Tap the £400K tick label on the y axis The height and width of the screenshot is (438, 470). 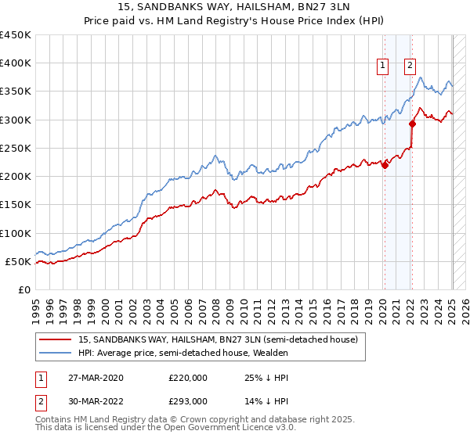pyautogui.click(x=16, y=63)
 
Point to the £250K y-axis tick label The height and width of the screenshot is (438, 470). pyautogui.click(x=16, y=148)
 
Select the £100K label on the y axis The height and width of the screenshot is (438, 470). pyautogui.click(x=16, y=233)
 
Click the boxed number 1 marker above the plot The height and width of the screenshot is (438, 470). pyautogui.click(x=384, y=66)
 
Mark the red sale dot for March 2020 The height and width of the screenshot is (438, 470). pyautogui.click(x=385, y=164)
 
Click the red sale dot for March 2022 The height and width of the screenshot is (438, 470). pyautogui.click(x=412, y=123)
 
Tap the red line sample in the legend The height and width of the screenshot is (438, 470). pyautogui.click(x=55, y=339)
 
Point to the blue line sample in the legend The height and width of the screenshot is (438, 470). pyautogui.click(x=55, y=353)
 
